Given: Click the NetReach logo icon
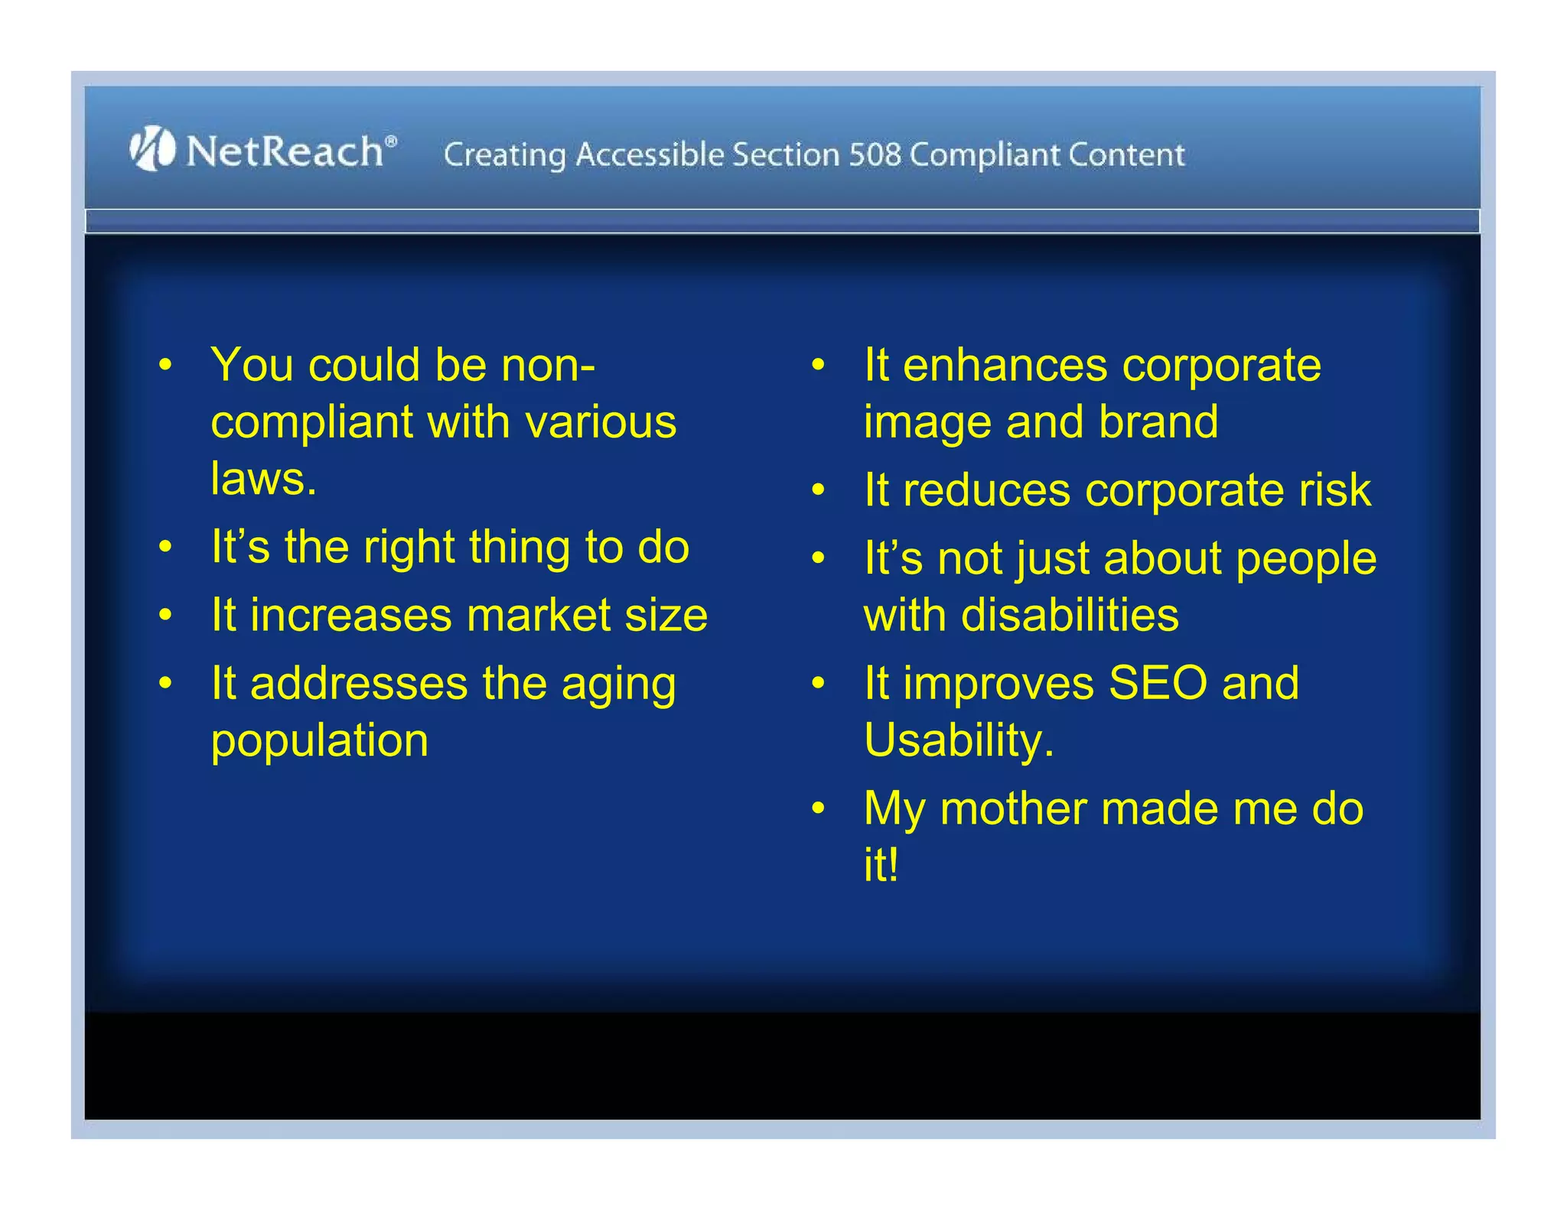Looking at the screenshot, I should (x=151, y=148).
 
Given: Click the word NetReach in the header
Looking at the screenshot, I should (x=285, y=151).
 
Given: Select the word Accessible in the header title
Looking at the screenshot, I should (x=650, y=155).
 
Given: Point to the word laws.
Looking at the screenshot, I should (x=263, y=480).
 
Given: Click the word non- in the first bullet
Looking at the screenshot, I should (x=548, y=365).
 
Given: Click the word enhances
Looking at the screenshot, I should (x=1005, y=366).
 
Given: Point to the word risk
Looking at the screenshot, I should (x=1334, y=490).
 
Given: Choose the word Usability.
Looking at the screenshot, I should (x=958, y=741).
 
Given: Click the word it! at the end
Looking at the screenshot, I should (x=881, y=865).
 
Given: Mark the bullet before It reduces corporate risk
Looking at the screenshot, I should (x=818, y=490).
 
